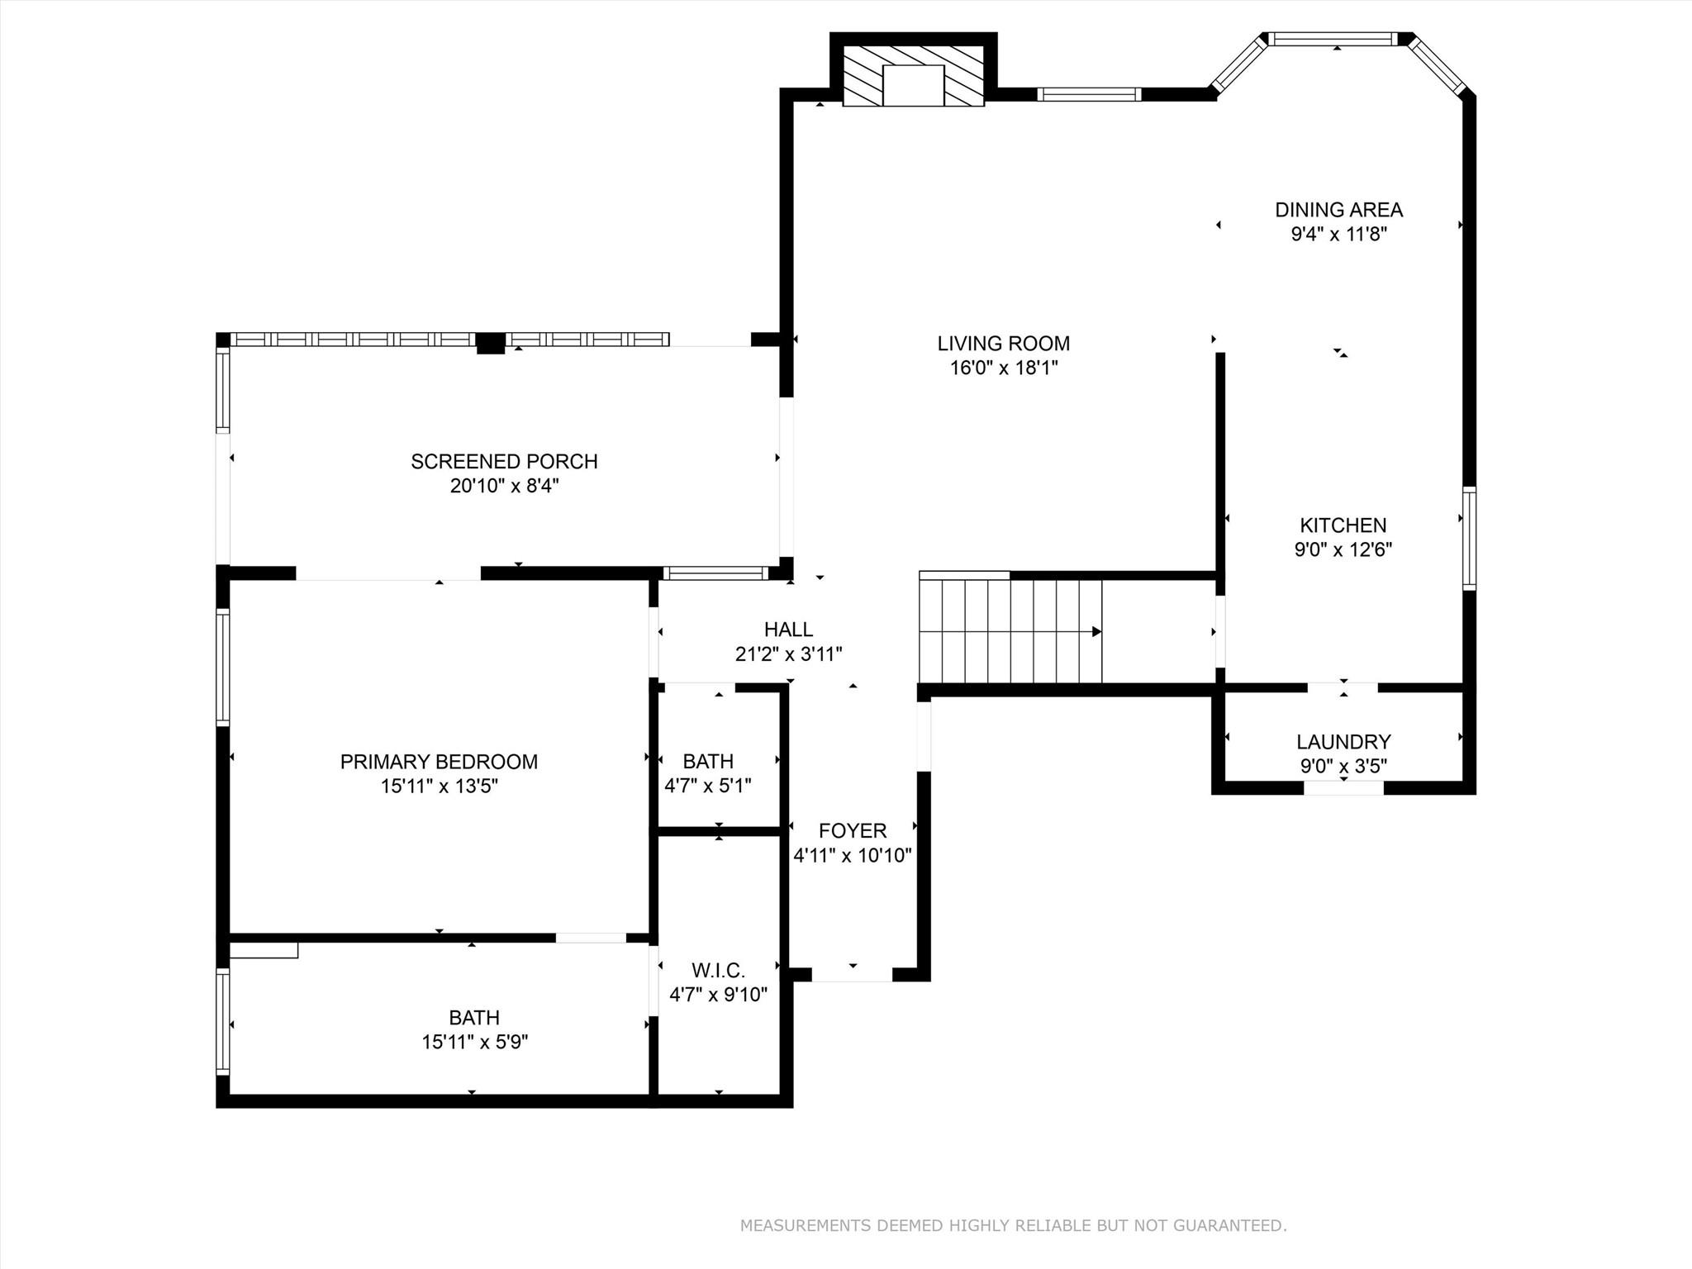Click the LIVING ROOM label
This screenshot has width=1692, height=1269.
point(1003,343)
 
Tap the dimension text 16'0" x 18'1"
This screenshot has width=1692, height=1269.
point(1003,368)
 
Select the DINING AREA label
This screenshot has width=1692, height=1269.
point(1338,210)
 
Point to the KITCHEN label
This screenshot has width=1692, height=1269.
point(1343,525)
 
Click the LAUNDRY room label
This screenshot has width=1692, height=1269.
point(1343,742)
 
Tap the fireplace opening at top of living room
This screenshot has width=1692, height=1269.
point(913,85)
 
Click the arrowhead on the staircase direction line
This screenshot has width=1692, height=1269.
point(1096,632)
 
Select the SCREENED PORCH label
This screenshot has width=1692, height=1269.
point(504,461)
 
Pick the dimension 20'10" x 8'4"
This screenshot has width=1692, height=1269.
point(504,486)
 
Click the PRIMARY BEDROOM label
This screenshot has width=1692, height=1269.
point(439,762)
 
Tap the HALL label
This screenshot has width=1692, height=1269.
point(788,630)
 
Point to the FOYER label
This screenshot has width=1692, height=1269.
point(853,830)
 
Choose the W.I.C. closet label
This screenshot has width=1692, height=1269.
point(718,970)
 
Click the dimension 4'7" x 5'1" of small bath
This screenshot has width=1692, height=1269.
point(708,786)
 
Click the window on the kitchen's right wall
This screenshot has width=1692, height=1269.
point(1469,539)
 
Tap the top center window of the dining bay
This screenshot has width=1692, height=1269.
point(1333,39)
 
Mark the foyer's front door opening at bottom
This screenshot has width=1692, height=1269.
point(852,975)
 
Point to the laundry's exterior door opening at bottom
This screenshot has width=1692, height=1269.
point(1343,788)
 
